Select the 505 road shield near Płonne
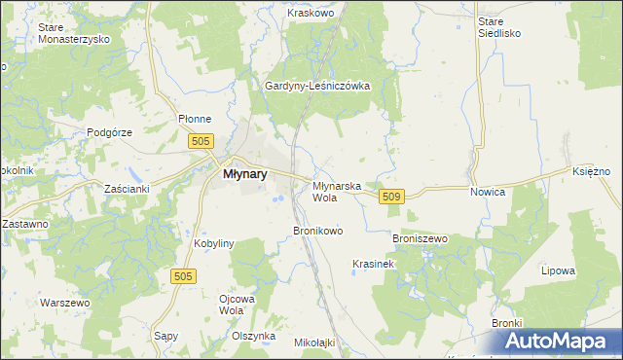point(201,142)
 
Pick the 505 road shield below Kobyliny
point(185,276)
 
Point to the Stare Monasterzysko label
point(73,33)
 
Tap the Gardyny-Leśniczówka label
point(317,86)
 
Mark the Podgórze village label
point(109,132)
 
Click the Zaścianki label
point(126,189)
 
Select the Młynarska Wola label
point(337,191)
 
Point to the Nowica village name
point(487,192)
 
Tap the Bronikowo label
point(318,232)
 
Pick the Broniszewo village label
point(419,238)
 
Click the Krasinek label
point(373,264)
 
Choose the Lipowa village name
point(559,270)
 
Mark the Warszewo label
point(64,303)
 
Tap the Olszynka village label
point(254,335)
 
